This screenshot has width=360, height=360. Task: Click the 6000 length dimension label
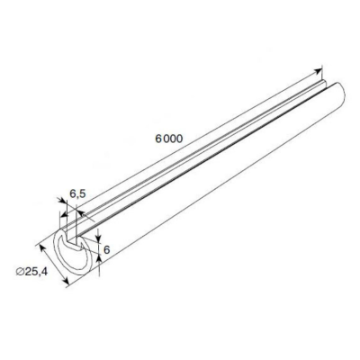(169, 139)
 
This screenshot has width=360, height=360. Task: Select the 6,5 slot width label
(77, 193)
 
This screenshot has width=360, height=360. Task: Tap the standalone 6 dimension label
(107, 249)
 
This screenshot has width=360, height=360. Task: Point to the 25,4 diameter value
(36, 272)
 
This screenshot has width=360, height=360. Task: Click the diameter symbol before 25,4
(20, 272)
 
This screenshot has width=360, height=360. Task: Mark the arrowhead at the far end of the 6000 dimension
(318, 71)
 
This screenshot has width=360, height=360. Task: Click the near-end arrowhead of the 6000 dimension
(64, 214)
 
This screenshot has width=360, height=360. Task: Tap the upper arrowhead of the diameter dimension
(42, 248)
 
